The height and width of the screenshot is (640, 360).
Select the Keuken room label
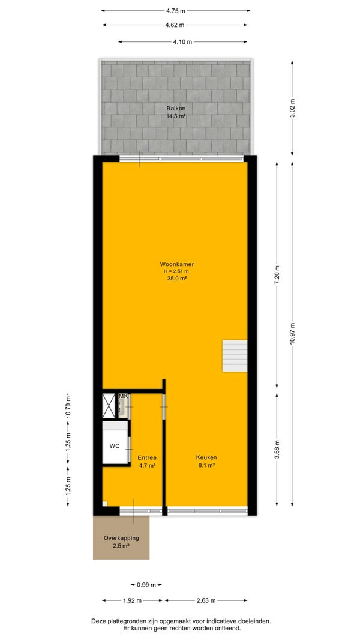(x=207, y=457)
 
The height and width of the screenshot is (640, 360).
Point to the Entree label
(x=147, y=457)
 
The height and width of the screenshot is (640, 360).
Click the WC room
(x=115, y=446)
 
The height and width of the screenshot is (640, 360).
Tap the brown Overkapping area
(x=121, y=537)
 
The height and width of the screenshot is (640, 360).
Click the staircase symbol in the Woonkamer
(x=235, y=356)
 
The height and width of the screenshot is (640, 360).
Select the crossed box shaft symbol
(x=109, y=405)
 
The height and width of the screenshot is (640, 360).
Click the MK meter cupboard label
(x=123, y=396)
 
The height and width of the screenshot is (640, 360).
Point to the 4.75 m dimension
(x=176, y=11)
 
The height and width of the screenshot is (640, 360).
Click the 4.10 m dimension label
(x=182, y=41)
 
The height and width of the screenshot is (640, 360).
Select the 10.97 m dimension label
(x=292, y=333)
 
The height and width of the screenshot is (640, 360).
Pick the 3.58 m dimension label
(x=277, y=450)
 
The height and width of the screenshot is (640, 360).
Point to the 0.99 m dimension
(x=146, y=585)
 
